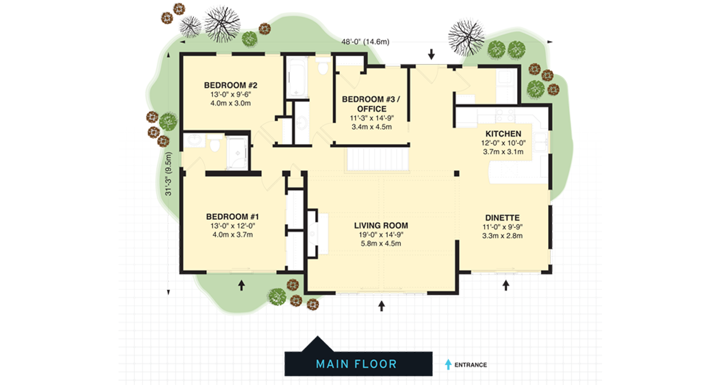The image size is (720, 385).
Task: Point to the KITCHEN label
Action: click(x=503, y=134)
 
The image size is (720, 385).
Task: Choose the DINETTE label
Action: click(x=502, y=217)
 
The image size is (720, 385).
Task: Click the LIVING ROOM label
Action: click(x=380, y=225)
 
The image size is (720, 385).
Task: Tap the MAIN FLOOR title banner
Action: click(x=358, y=363)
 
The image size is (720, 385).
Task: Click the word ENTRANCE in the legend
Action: click(x=470, y=365)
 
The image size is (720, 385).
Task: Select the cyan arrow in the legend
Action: click(x=448, y=365)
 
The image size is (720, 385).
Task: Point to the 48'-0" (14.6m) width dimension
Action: click(x=365, y=42)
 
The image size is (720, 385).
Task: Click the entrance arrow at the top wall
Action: click(x=431, y=55)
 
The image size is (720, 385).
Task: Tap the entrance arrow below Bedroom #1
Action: click(x=241, y=285)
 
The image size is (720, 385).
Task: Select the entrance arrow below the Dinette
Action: click(x=506, y=285)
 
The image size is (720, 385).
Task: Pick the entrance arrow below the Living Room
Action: click(x=381, y=306)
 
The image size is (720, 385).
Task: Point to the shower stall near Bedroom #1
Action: click(x=236, y=152)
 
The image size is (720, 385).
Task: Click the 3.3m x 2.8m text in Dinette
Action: click(x=502, y=236)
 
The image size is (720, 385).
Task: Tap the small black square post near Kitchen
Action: click(x=456, y=173)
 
